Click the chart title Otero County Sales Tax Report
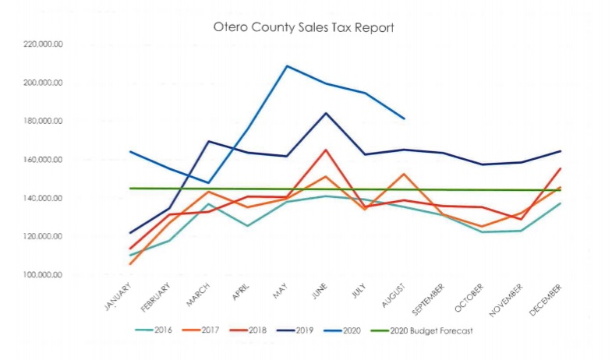tap(304, 26)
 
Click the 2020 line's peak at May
tap(287, 65)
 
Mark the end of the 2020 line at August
tap(404, 118)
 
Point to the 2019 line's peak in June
tap(326, 113)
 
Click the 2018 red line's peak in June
tap(326, 150)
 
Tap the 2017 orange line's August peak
tap(404, 174)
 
